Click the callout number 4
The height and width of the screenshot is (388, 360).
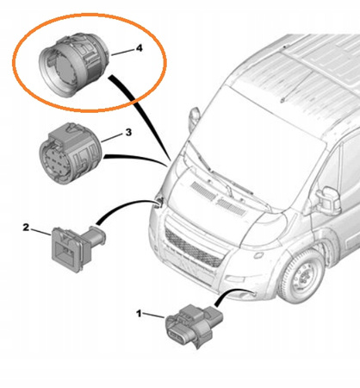coord(140,48)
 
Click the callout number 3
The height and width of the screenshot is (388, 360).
coord(128,133)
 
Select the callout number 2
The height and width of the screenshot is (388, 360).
coord(26,228)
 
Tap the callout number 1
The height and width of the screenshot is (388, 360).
coord(139,314)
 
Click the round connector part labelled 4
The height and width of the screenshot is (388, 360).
coord(74,65)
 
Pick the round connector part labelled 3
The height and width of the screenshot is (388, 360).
coord(71,153)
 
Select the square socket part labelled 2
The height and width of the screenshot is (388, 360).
coord(78,248)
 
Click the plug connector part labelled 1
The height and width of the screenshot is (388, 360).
coord(193,325)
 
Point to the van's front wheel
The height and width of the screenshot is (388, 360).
coord(301,276)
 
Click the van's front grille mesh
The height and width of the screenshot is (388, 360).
coord(193,248)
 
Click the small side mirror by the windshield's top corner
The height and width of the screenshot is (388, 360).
coord(195,118)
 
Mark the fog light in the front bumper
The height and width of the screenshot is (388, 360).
coord(234,278)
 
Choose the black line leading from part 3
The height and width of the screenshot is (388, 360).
coord(136,159)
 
